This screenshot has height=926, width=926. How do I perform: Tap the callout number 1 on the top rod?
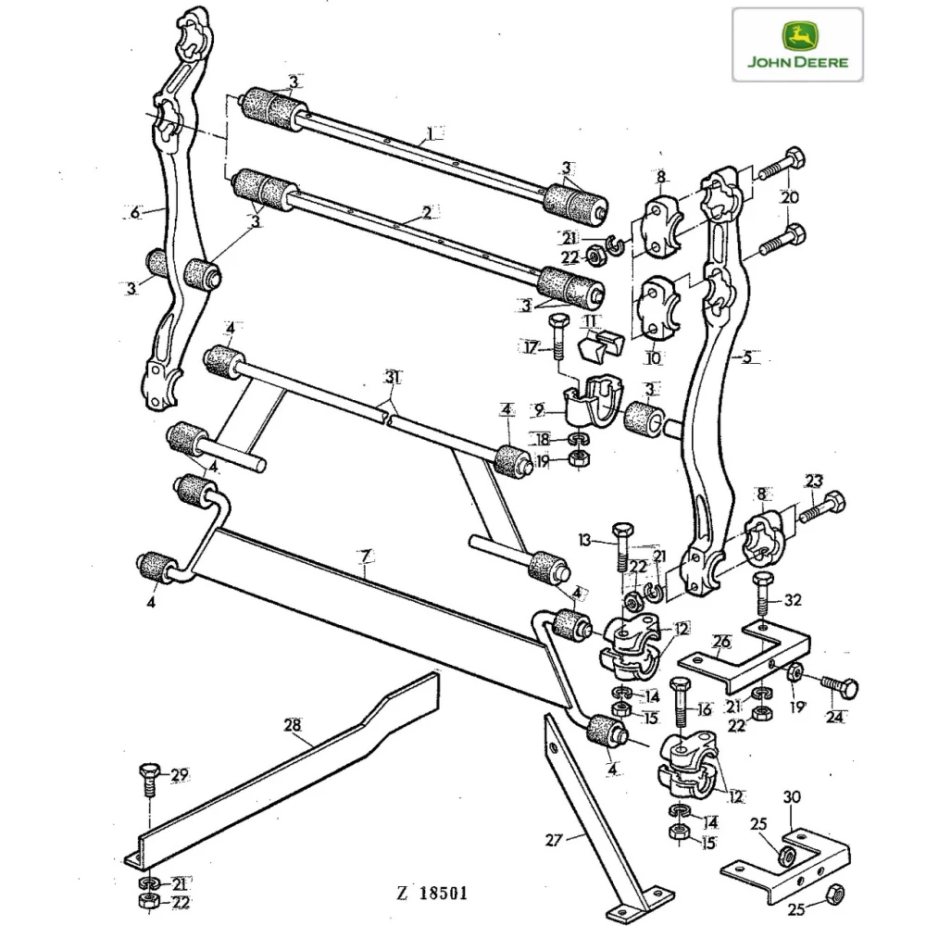[x=429, y=131]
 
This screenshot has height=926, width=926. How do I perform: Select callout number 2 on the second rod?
[x=426, y=212]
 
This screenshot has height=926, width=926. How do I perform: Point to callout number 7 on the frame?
[x=366, y=557]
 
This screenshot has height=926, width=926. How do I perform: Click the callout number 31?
[x=394, y=377]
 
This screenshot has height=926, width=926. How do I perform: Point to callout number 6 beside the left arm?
[x=134, y=212]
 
